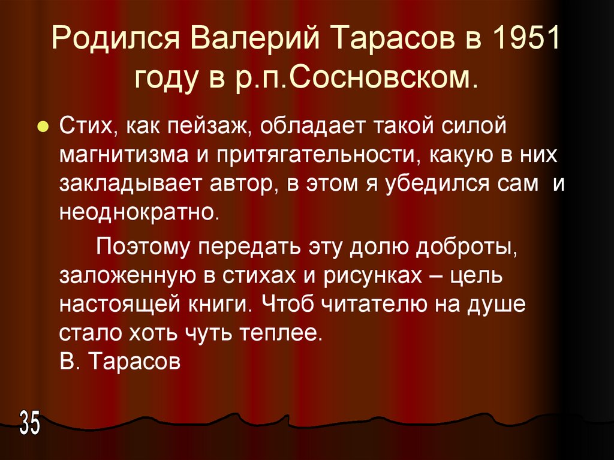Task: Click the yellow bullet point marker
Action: (x=43, y=128)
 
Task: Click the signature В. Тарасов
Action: (x=120, y=362)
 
